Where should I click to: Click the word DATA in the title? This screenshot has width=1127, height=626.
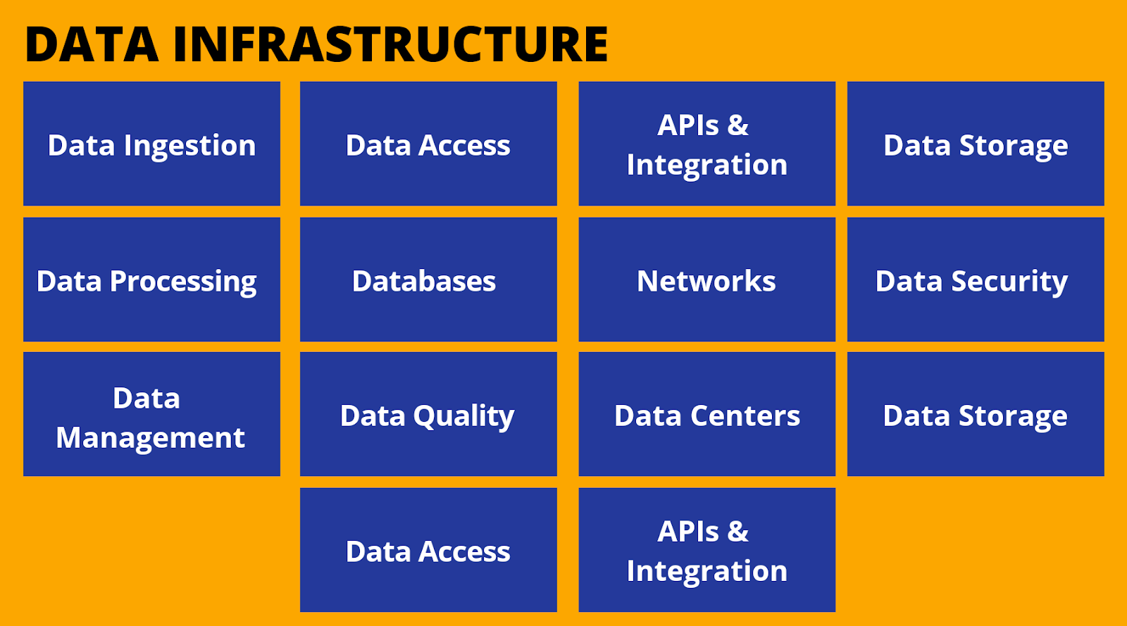92,44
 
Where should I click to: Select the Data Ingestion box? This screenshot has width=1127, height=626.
151,144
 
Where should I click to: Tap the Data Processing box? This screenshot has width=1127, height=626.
151,279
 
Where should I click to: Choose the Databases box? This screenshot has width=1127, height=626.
428,279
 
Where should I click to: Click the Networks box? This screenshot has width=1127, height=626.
707,279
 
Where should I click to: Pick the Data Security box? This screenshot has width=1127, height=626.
976,279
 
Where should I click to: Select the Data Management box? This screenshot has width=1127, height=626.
151,414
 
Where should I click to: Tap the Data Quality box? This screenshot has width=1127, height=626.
428,414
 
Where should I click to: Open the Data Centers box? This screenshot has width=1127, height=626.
707,414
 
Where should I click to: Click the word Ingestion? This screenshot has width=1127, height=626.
189,146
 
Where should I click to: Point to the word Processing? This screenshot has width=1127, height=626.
183,282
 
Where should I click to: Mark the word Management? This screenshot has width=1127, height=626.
151,438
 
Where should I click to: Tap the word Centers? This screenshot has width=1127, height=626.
745,416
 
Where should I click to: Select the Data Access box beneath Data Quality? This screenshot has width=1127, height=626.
428,549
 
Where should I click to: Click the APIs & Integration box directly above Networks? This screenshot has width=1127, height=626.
707,144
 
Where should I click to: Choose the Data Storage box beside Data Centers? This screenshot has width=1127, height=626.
976,414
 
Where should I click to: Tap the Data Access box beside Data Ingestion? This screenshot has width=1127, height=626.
428,144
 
